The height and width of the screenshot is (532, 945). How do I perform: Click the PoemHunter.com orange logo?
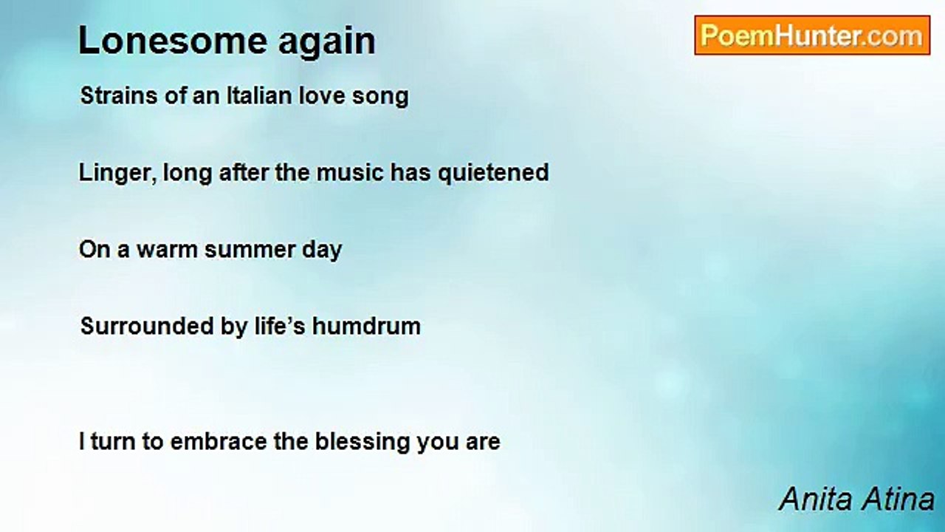coord(812,35)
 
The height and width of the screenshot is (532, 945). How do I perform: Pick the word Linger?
coord(117,174)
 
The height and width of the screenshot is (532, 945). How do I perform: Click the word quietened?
coord(494,174)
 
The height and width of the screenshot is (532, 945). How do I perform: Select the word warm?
coord(167,250)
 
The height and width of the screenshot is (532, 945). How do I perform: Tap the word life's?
coord(280,327)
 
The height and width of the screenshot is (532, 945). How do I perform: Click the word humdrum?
coord(366,327)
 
